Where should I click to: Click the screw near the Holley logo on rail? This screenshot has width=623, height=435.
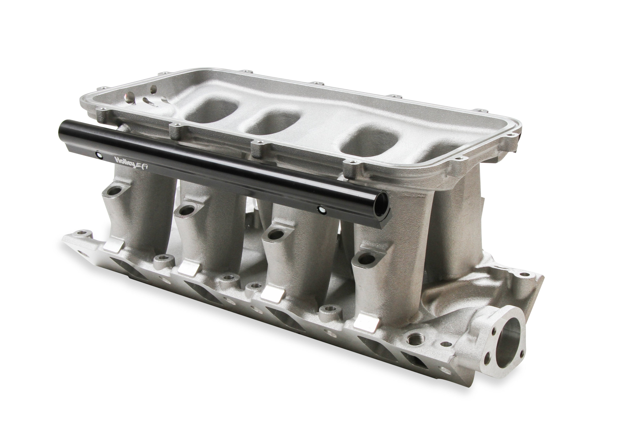[x=100, y=155]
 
